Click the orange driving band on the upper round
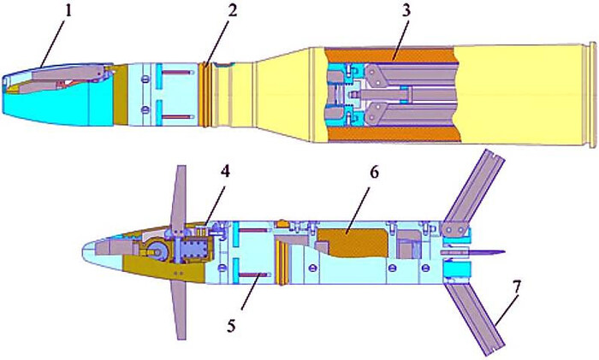(206, 93)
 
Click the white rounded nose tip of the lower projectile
(89, 253)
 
